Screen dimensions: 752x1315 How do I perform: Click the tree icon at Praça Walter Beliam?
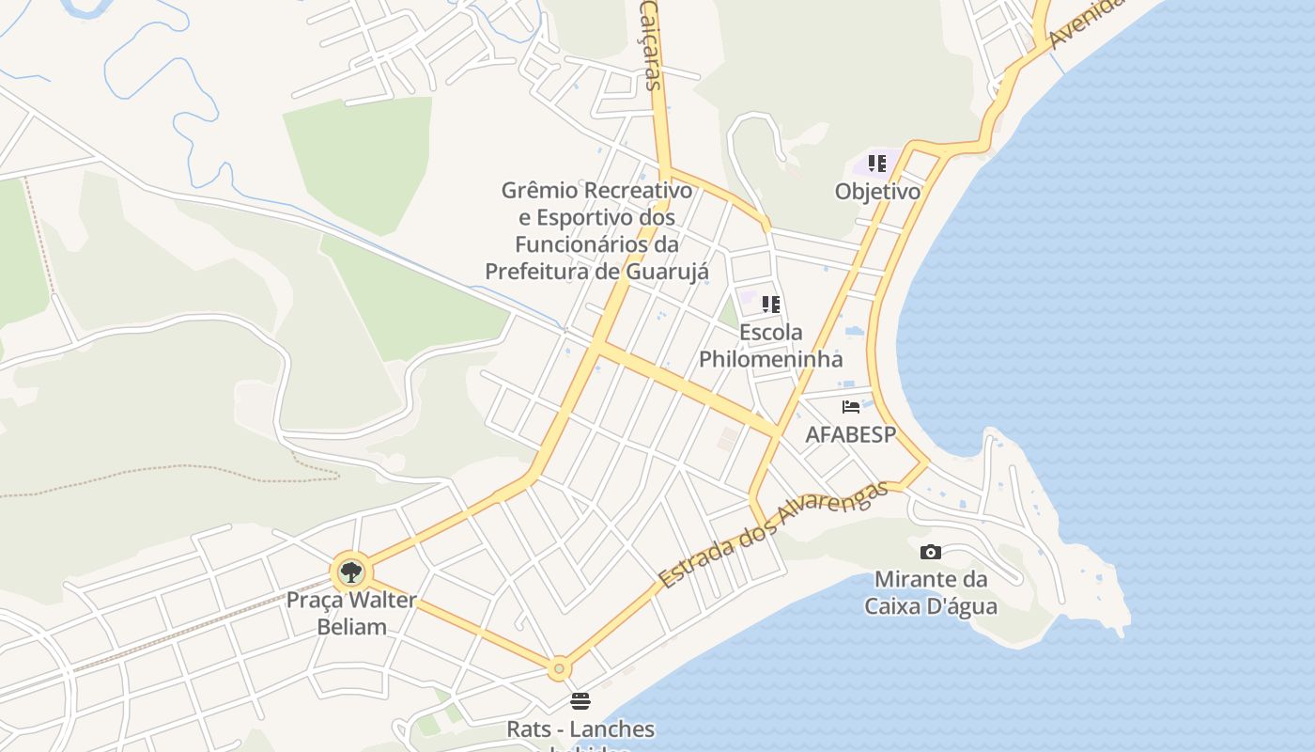point(351,572)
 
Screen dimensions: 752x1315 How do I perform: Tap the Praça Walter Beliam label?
point(351,613)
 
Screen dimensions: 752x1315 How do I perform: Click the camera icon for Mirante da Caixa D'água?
point(931,552)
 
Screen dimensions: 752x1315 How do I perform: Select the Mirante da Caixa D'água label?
point(931,592)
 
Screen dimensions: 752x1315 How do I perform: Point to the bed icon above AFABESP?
point(851,407)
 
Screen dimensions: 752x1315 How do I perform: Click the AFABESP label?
point(851,434)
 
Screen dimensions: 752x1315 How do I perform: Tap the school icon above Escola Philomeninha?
point(771,304)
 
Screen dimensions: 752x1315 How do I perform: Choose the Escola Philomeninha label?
point(771,345)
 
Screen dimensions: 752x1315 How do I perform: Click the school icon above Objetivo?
point(877,164)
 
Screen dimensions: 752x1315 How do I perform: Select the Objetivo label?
point(877,192)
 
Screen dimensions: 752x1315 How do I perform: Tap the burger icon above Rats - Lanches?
point(580,701)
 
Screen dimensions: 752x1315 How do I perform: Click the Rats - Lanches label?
point(580,729)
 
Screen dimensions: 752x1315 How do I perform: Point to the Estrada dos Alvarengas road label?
point(773,536)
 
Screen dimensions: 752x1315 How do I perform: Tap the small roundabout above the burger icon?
point(559,668)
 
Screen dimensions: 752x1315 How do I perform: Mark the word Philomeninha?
point(771,359)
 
